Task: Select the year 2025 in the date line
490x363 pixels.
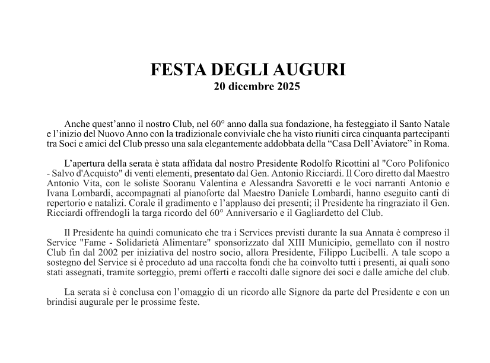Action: [288, 87]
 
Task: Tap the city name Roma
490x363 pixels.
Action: [437, 144]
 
